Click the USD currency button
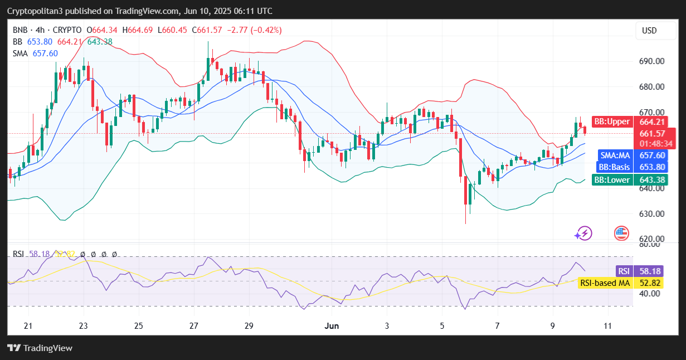pyautogui.click(x=649, y=31)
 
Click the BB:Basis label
pyautogui.click(x=614, y=167)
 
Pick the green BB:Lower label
pyautogui.click(x=612, y=180)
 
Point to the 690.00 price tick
pyautogui.click(x=651, y=61)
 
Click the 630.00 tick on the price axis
pyautogui.click(x=651, y=214)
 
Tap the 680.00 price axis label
pyautogui.click(x=651, y=87)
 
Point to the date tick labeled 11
pyautogui.click(x=607, y=326)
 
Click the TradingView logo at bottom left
pyautogui.click(x=40, y=348)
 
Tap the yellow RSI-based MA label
pyautogui.click(x=605, y=283)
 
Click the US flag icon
pyautogui.click(x=621, y=233)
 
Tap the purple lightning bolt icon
pyautogui.click(x=584, y=233)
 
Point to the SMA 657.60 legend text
pyautogui.click(x=35, y=53)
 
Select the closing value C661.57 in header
pyautogui.click(x=211, y=30)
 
